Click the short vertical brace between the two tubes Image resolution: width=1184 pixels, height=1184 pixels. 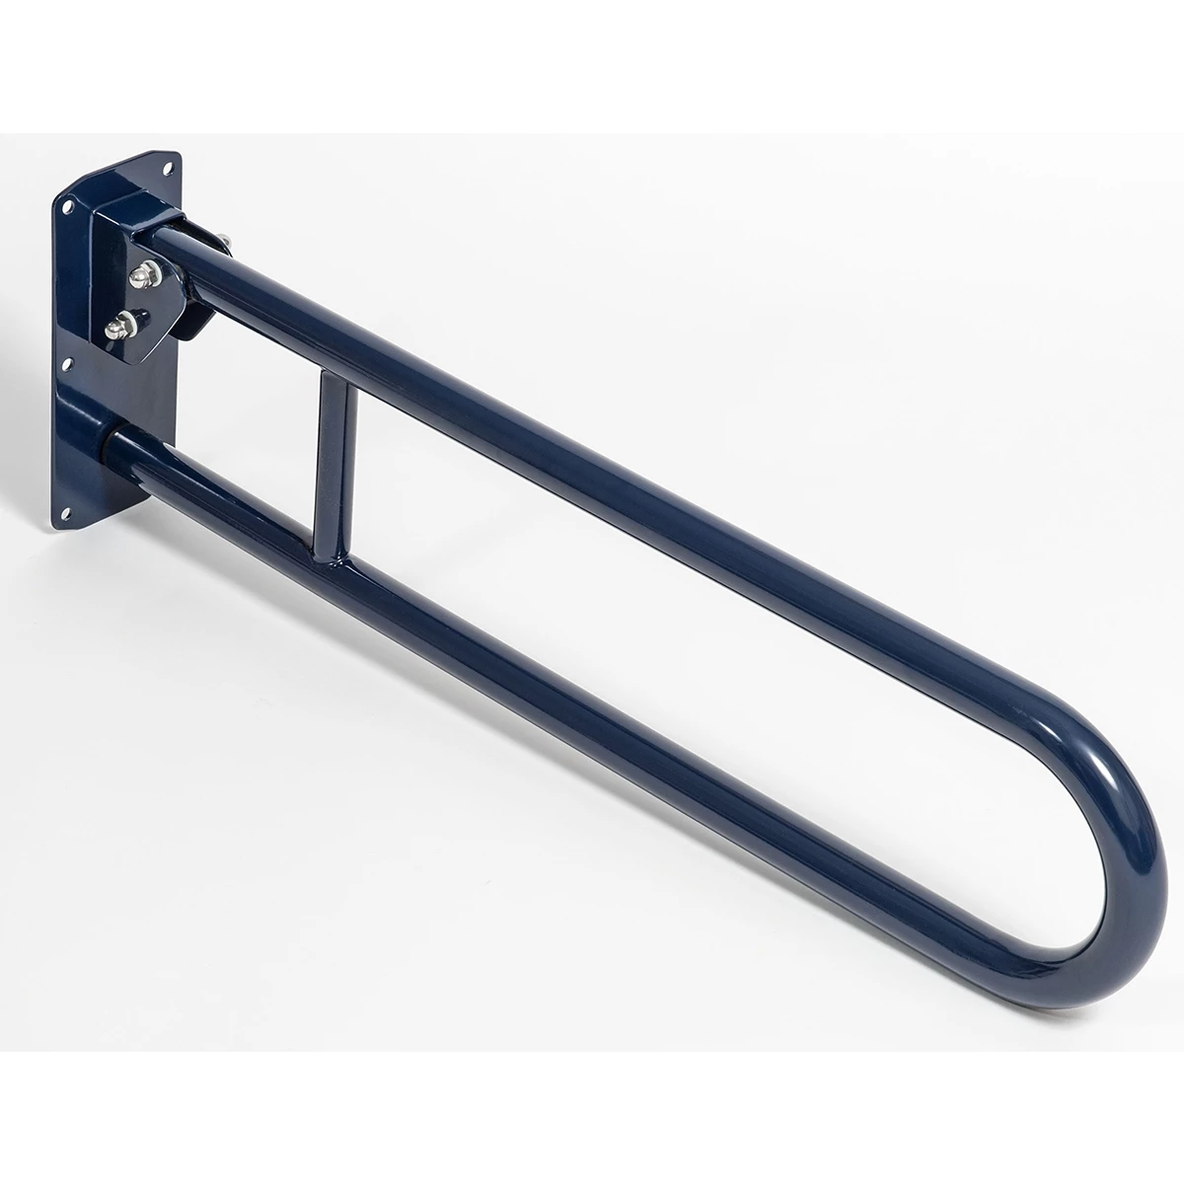331,448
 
